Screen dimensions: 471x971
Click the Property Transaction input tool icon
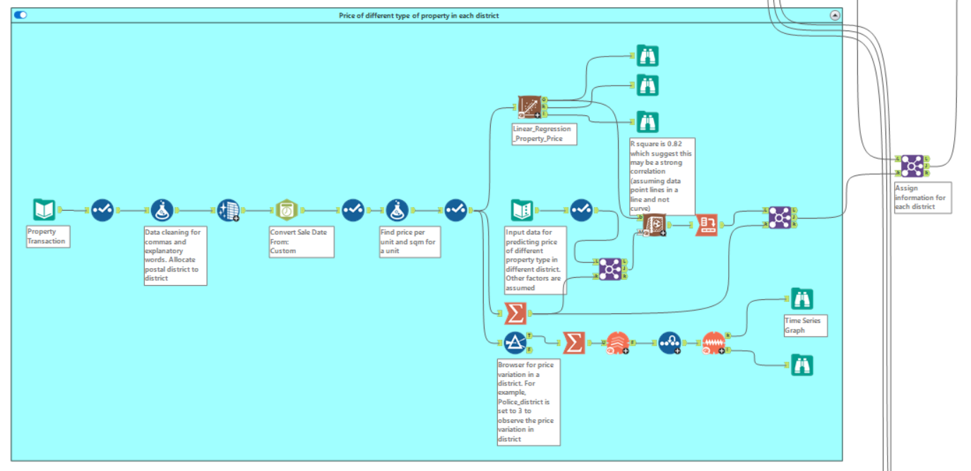point(44,210)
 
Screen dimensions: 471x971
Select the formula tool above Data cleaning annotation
point(162,210)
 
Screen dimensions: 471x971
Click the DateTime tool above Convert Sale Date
point(287,210)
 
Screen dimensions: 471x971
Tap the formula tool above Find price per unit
point(397,210)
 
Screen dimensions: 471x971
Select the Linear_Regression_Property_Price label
point(544,134)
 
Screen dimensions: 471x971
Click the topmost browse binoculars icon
point(647,55)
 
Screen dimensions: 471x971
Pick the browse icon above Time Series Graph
point(801,299)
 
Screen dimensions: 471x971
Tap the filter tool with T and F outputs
point(515,343)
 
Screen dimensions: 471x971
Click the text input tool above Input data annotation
point(522,210)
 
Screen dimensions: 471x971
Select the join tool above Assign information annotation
point(912,165)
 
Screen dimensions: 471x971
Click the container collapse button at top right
point(835,15)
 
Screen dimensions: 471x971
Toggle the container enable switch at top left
point(20,15)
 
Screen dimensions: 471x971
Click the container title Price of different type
point(419,15)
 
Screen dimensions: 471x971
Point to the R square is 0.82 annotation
point(662,175)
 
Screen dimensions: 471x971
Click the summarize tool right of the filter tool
point(574,343)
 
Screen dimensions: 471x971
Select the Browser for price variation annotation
point(528,402)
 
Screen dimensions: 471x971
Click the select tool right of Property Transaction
point(102,210)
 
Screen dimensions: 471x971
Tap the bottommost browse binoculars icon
point(801,365)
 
